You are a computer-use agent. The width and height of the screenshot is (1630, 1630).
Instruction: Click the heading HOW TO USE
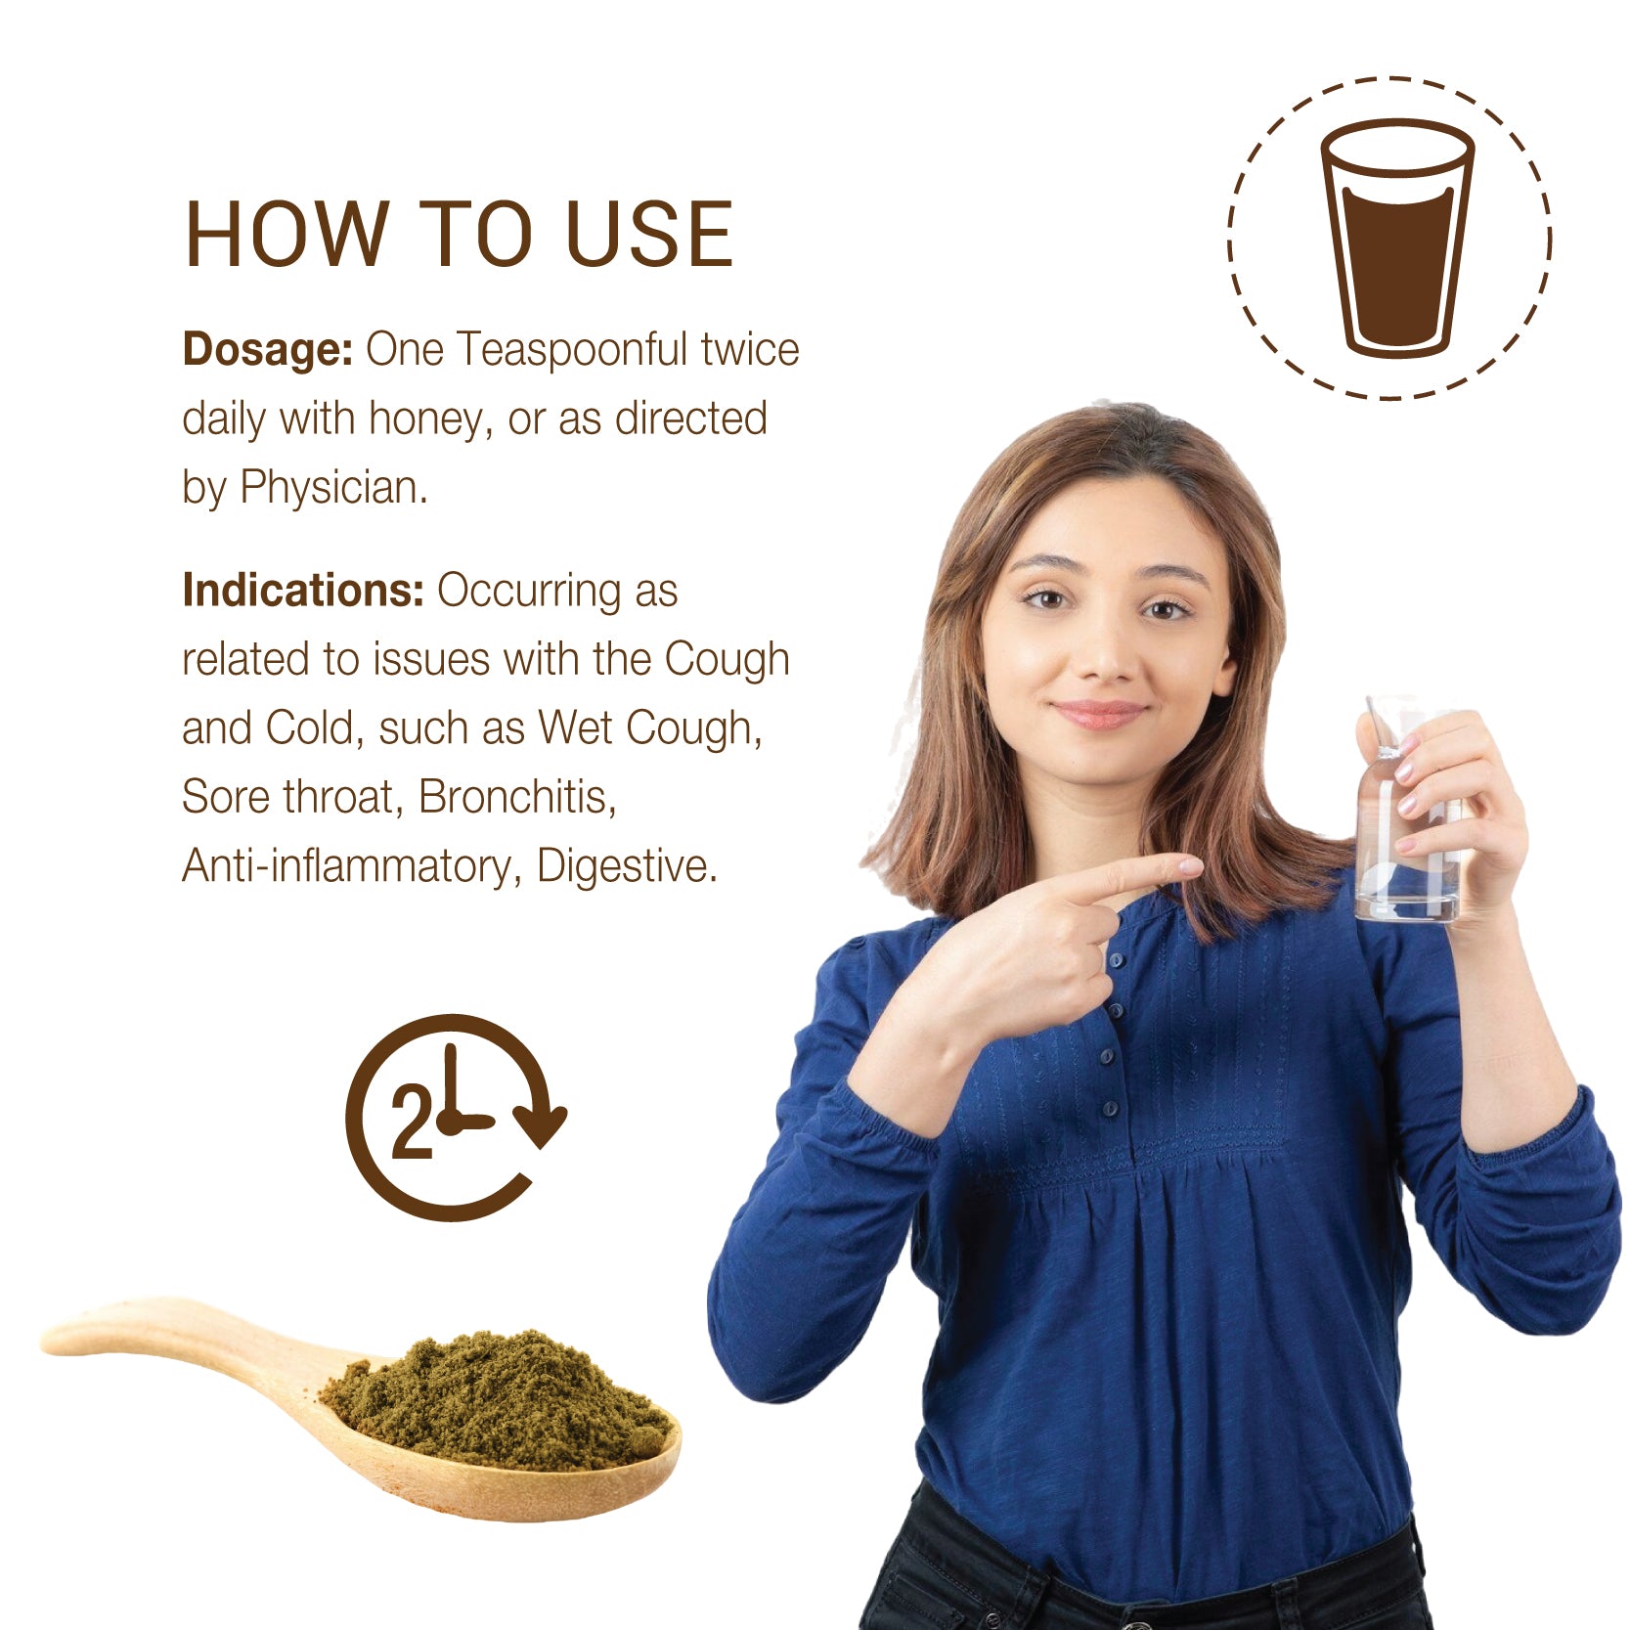459,234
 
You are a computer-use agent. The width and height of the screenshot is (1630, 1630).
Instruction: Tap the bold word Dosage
267,350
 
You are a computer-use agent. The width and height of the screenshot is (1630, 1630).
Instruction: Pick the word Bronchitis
517,797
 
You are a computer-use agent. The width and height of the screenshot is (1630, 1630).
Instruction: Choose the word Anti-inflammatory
346,866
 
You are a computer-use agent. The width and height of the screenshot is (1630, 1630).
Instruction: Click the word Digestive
628,866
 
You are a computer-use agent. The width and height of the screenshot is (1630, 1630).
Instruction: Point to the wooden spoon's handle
186,1335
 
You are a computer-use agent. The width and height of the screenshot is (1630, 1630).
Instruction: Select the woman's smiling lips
1099,713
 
